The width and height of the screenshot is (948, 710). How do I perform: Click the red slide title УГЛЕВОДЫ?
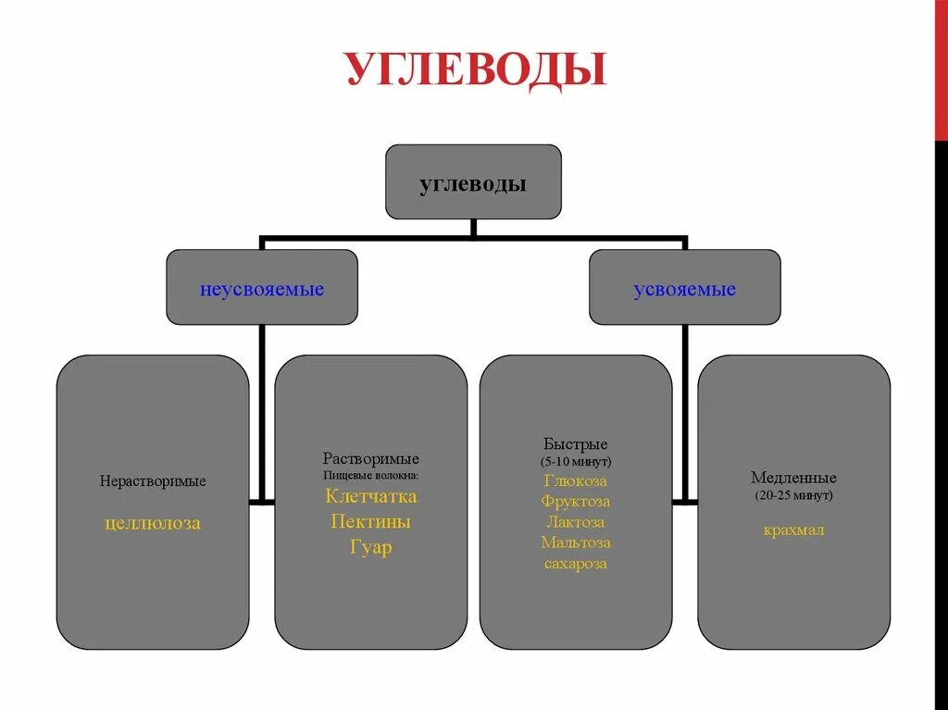point(477,70)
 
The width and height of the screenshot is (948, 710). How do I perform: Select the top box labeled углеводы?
point(473,182)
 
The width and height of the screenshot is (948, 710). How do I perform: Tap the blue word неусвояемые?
point(262,290)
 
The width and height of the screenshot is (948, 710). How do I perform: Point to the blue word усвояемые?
point(684,290)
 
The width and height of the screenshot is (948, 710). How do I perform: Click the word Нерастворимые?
point(153,481)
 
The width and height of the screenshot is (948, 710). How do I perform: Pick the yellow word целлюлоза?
point(153,524)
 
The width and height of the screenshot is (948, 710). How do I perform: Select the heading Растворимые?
point(371,459)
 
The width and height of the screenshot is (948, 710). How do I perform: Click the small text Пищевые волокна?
point(371,475)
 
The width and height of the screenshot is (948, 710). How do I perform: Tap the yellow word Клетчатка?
point(371,497)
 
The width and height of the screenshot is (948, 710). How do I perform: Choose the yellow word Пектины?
point(371,522)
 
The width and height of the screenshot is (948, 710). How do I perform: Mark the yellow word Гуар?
point(371,547)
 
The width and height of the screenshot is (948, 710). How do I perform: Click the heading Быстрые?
point(576,444)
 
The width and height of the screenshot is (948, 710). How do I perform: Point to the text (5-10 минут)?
point(576,461)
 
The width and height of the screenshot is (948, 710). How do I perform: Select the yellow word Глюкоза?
point(576,480)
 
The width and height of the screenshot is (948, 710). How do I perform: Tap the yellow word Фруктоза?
point(576,502)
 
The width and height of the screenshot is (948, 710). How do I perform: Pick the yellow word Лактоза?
point(576,522)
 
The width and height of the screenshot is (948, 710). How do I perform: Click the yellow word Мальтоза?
point(576,542)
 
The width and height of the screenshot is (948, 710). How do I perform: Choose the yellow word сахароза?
point(576,564)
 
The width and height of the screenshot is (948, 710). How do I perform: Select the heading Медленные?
point(793,479)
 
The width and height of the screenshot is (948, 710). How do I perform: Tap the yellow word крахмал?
point(793,530)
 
